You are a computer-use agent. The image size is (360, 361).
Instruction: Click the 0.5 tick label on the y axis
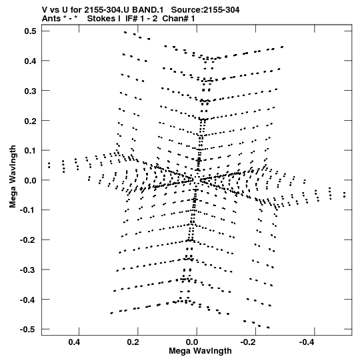click(x=30, y=31)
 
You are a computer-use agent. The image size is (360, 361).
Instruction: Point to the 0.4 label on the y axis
click(x=30, y=61)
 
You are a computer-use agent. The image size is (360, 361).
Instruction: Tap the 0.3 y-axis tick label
click(x=30, y=91)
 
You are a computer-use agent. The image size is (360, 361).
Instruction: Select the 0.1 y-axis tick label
click(x=30, y=151)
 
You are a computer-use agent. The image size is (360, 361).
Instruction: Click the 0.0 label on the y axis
click(x=30, y=180)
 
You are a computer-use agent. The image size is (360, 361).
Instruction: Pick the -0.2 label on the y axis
click(x=28, y=240)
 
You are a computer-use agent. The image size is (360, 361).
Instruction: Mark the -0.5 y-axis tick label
click(x=28, y=330)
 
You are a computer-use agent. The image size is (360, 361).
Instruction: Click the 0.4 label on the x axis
click(x=74, y=342)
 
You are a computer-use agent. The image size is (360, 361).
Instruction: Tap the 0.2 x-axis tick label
click(x=133, y=342)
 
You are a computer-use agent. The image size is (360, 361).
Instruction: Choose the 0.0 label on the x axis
click(x=192, y=342)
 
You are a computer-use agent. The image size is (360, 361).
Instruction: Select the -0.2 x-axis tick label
click(x=249, y=342)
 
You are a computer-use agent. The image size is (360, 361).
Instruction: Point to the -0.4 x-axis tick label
click(x=308, y=342)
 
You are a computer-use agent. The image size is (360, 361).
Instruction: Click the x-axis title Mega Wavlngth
click(x=200, y=352)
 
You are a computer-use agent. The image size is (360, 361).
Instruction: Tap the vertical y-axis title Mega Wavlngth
click(x=13, y=176)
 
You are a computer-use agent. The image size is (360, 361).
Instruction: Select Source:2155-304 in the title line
click(x=205, y=10)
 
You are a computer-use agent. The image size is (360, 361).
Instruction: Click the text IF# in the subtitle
click(x=131, y=19)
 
